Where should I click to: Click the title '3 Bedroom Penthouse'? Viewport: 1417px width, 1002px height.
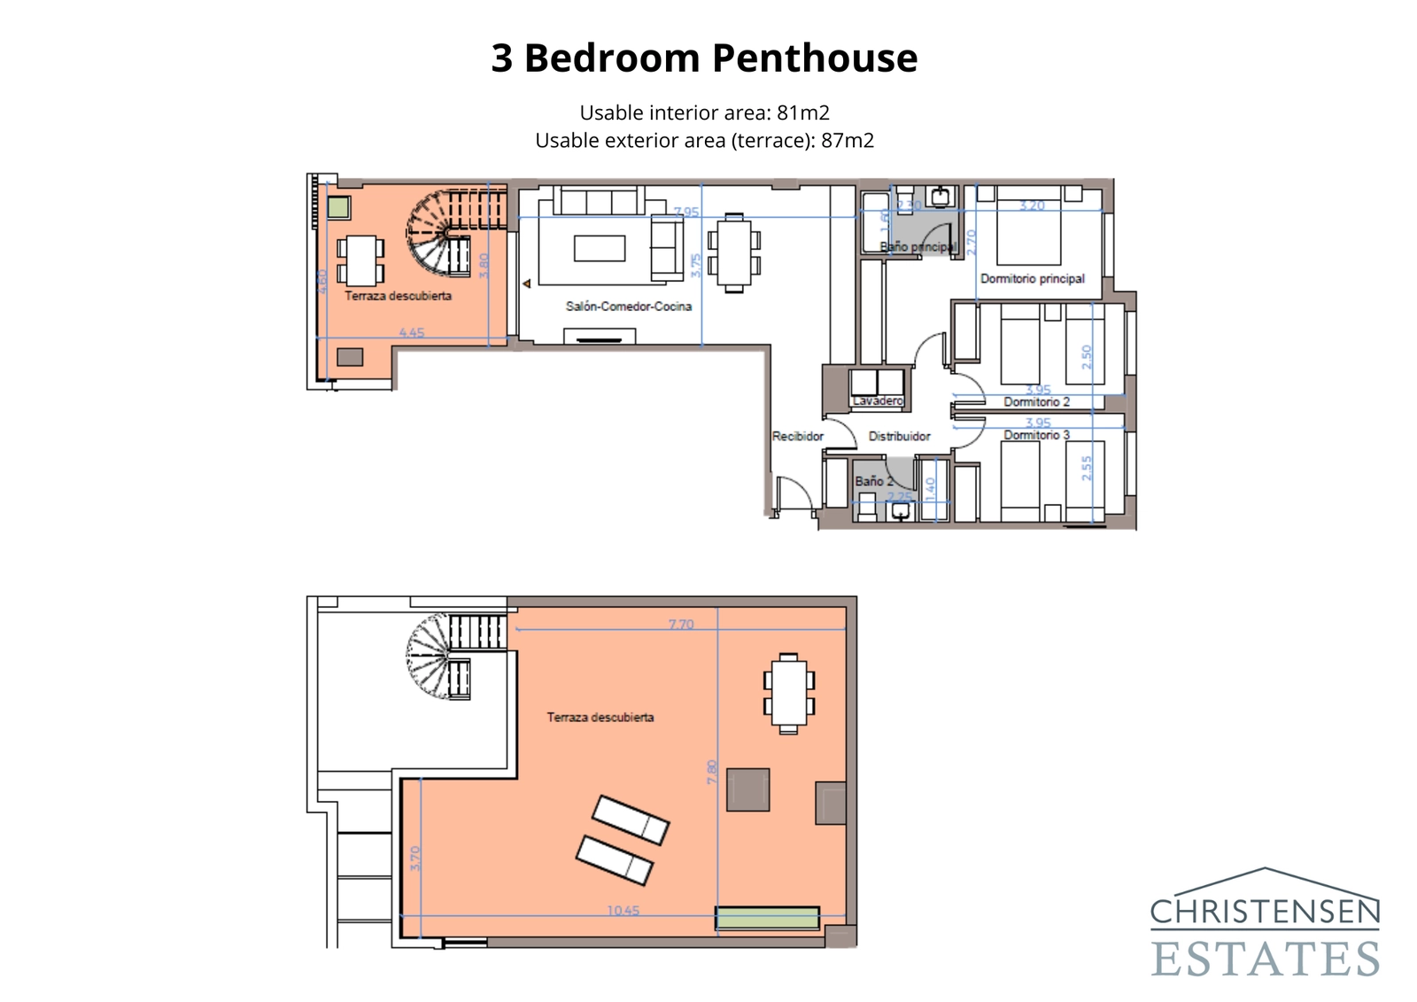(x=704, y=58)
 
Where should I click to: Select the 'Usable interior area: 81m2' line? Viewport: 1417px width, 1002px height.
(x=704, y=113)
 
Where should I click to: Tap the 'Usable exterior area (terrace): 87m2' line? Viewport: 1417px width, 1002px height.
(x=704, y=140)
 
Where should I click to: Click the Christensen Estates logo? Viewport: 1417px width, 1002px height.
(x=1265, y=923)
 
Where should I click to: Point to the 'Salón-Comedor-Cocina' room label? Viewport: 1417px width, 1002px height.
(x=629, y=307)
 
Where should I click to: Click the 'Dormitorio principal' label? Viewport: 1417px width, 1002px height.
(x=1032, y=278)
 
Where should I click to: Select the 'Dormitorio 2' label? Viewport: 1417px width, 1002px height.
(x=1036, y=402)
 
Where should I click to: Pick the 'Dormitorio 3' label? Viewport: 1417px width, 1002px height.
(x=1036, y=435)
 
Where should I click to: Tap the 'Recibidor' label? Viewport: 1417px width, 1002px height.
(x=797, y=436)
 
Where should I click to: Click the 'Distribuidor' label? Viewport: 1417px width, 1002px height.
(x=899, y=436)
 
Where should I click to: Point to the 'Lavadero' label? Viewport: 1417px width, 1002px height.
(x=877, y=401)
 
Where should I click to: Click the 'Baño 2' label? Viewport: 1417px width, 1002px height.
(x=873, y=481)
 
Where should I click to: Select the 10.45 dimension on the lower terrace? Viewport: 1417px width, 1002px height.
(x=623, y=910)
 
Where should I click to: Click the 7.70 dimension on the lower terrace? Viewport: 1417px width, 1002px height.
(x=680, y=625)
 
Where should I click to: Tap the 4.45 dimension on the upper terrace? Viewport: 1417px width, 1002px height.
(x=411, y=333)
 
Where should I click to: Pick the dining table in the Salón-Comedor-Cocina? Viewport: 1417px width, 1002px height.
(x=733, y=252)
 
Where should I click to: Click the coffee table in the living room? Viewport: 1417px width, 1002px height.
(x=599, y=248)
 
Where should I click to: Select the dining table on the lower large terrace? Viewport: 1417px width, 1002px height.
(x=788, y=694)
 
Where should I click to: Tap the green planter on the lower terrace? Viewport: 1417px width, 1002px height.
(x=767, y=918)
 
